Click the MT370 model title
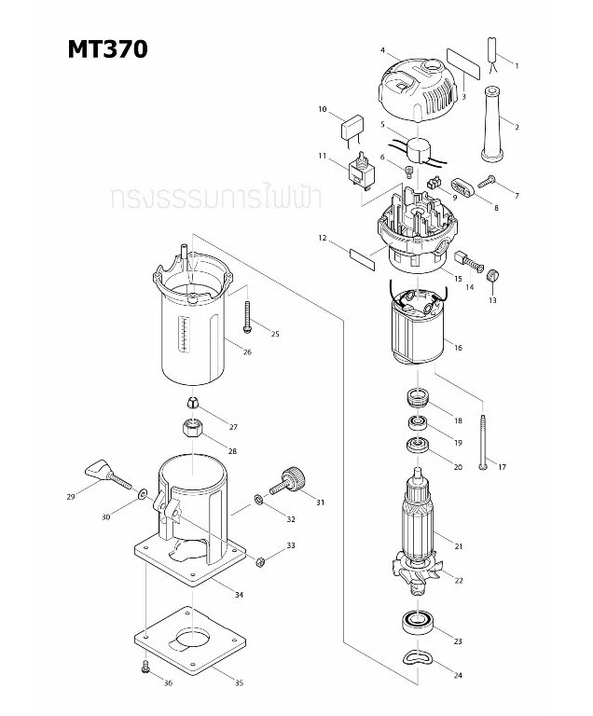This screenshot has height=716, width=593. [x=107, y=49]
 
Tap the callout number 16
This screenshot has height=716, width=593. [x=458, y=348]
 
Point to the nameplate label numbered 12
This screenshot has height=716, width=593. [x=362, y=255]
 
